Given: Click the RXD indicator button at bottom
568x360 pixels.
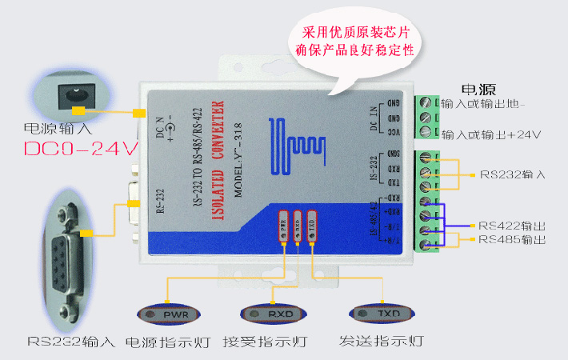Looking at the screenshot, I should [274, 313].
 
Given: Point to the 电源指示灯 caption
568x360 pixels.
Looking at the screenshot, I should [167, 342].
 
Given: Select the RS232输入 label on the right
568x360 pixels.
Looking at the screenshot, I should [511, 174].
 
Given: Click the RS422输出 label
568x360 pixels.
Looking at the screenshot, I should [511, 226].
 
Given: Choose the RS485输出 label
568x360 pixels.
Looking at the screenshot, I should [511, 239].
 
